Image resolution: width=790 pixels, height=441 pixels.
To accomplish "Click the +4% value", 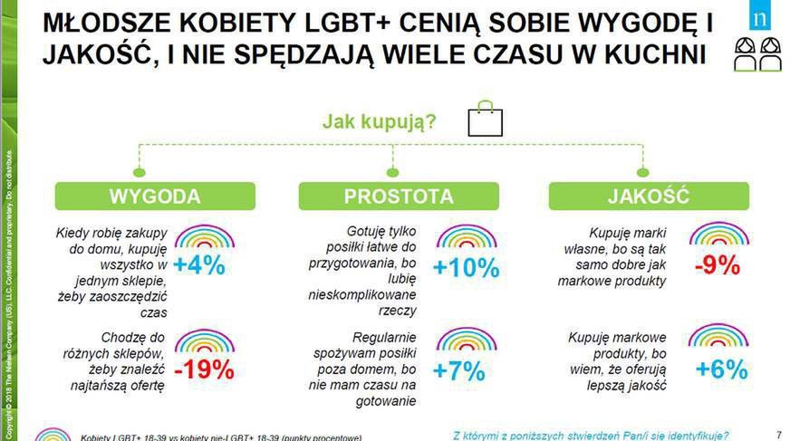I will point(198,266).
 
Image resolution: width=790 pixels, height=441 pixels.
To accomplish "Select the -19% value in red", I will point(204,369).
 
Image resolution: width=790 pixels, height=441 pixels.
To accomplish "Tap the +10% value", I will point(466,268).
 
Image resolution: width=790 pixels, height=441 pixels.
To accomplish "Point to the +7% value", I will point(459,370).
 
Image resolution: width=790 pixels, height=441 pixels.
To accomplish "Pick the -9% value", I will point(717,266).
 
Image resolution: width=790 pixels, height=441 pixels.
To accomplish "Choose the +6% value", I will point(721,369).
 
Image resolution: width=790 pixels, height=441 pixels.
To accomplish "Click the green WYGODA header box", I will point(155,197).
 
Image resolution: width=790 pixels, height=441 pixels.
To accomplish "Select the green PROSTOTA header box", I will point(398,197).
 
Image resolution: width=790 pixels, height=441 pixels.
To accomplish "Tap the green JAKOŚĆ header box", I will point(648,197).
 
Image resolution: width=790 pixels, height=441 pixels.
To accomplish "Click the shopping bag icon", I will point(484,120).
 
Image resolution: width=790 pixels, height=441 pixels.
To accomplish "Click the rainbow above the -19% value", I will point(204,340).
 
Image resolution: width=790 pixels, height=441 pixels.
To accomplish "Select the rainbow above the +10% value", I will point(466,236).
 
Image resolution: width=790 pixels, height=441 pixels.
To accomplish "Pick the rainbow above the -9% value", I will point(718,235).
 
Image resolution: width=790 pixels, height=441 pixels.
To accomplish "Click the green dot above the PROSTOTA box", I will point(391,172).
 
